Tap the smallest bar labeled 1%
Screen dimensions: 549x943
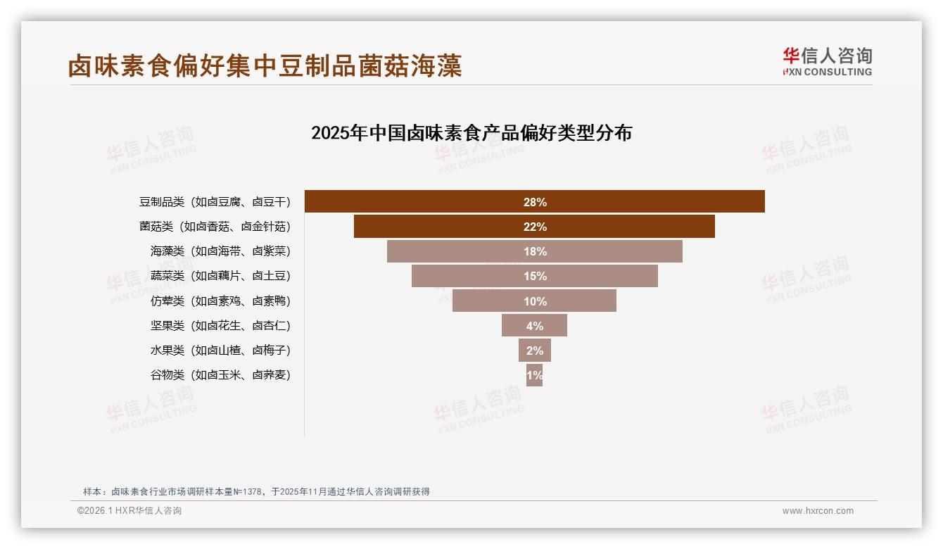534,375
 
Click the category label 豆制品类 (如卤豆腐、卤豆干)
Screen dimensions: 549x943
215,202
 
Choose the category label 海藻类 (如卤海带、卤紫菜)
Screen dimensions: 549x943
220,251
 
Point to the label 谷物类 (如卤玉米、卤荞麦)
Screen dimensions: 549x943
220,375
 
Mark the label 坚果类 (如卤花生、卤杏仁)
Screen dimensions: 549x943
220,325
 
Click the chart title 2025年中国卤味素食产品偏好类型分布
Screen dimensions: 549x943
471,133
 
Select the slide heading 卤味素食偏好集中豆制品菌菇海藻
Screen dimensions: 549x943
265,66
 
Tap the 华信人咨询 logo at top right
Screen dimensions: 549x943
828,62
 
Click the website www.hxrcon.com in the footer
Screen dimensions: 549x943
818,511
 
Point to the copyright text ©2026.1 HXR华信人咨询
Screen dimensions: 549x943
129,511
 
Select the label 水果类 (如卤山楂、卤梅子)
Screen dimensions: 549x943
220,350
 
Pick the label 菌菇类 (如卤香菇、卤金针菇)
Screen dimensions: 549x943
215,227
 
